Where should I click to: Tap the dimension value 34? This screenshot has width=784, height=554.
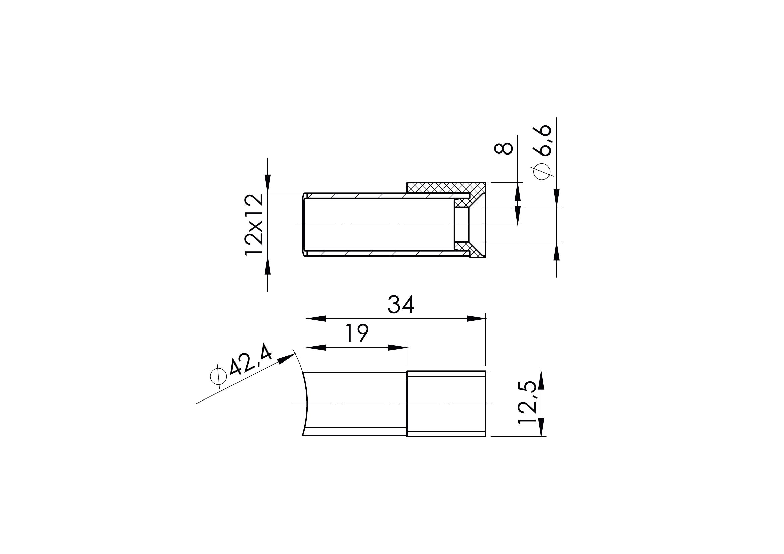coord(401,305)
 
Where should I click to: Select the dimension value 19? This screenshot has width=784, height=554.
coord(357,333)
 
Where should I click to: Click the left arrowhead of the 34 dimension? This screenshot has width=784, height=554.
coord(316,319)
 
